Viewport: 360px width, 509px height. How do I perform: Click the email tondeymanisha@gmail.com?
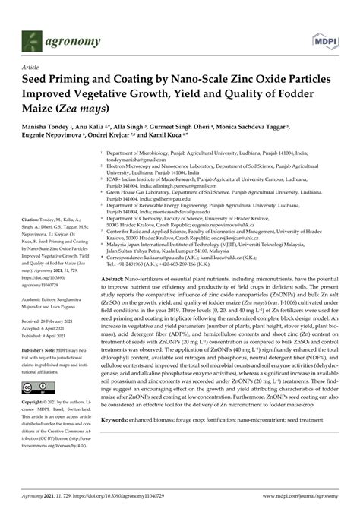pos(136,161)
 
